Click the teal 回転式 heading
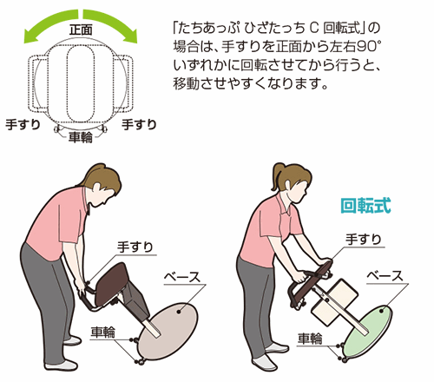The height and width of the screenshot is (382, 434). (365, 206)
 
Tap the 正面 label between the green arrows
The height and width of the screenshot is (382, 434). (81, 30)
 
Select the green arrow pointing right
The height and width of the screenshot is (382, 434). (111, 24)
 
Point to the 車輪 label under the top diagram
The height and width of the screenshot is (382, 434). (81, 137)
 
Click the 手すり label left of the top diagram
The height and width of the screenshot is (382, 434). (23, 124)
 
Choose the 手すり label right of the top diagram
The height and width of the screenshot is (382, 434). (139, 124)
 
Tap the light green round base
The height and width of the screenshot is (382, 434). (369, 332)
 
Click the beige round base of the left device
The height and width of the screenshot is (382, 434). (168, 331)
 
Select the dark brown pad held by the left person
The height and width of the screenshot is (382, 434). (111, 285)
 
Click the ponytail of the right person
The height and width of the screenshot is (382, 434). (277, 176)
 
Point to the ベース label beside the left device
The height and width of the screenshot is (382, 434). (182, 277)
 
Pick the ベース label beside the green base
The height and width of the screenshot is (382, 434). (385, 275)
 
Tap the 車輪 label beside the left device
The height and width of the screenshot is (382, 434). (103, 332)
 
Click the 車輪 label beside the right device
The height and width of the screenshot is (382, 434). (310, 338)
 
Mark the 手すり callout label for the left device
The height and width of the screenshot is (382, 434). (135, 247)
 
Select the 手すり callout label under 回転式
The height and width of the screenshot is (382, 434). (364, 240)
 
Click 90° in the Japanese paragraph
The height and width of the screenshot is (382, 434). (369, 46)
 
